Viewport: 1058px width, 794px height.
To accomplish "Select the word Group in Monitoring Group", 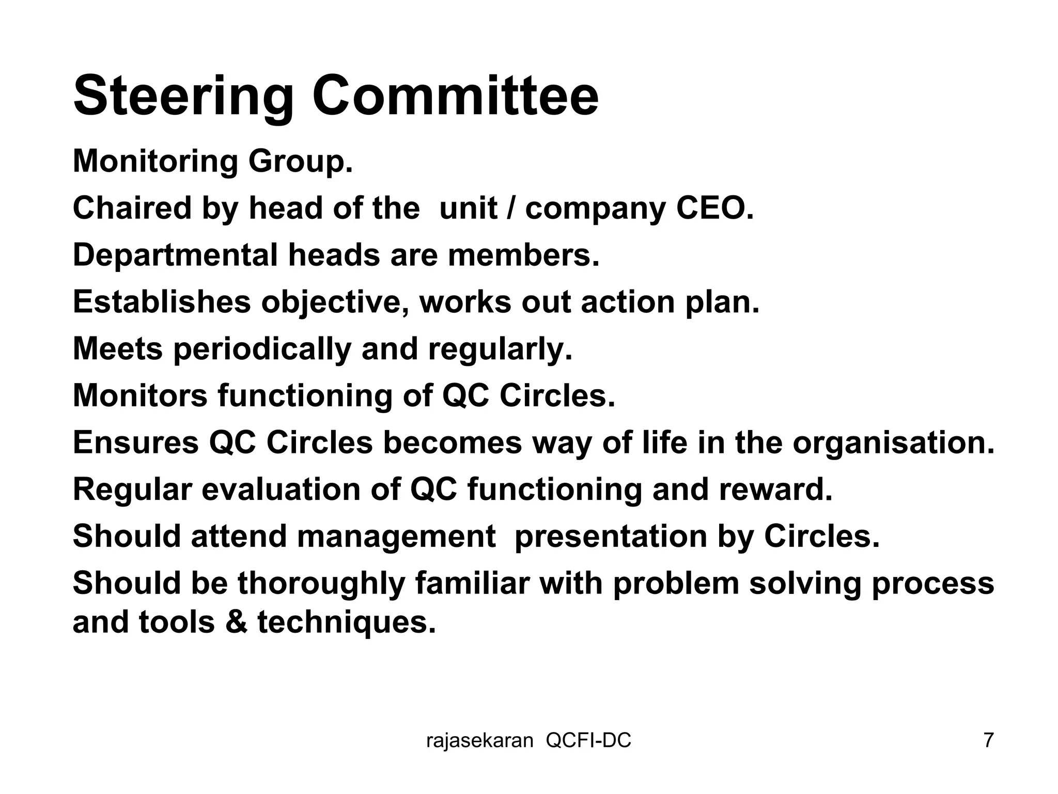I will point(300,162).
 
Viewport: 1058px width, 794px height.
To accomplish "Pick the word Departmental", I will point(175,256).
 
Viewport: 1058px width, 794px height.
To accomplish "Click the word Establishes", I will point(161,302).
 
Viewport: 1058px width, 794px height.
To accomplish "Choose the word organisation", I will point(893,444).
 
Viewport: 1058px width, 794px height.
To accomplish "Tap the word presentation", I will point(611,537).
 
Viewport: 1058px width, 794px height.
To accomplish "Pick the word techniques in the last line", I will point(347,622).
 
